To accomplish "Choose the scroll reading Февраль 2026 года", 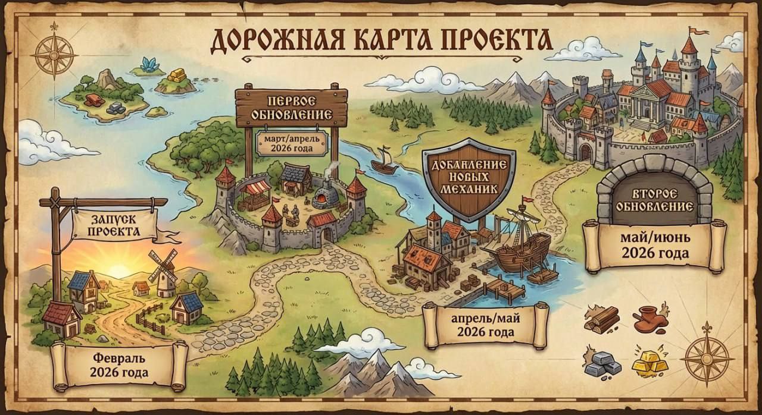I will (119, 366).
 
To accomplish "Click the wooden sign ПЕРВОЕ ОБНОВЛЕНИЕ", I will (291, 106).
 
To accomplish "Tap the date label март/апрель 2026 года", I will (292, 143).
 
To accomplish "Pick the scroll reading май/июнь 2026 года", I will (655, 246).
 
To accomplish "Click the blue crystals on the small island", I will (148, 64).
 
